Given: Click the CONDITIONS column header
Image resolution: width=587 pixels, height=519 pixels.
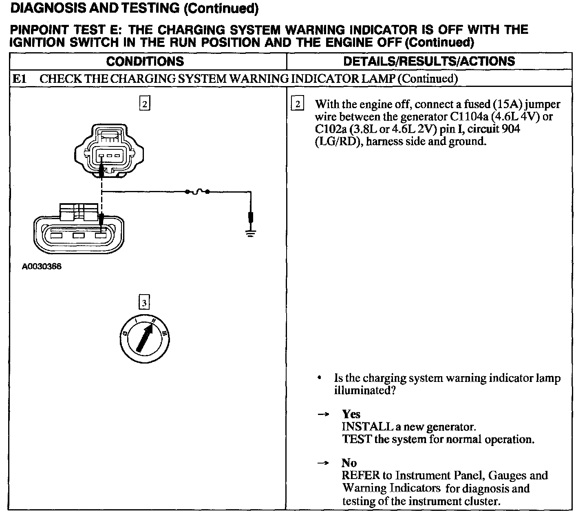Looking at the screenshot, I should [145, 61].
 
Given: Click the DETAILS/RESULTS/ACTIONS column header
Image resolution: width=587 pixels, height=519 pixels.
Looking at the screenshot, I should [429, 61].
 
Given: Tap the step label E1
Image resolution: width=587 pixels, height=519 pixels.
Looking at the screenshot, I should [19, 78].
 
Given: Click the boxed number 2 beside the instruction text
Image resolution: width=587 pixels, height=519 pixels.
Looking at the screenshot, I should [298, 104].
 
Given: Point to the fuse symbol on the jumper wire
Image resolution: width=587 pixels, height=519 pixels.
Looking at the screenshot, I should [197, 191].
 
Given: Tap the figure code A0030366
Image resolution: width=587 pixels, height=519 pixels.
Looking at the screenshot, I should [42, 267].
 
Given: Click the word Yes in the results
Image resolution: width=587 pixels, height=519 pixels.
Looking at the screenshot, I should [351, 415].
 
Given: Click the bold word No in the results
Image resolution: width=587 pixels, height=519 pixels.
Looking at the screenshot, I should [349, 463].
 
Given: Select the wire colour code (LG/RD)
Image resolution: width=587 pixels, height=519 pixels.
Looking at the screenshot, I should [336, 142].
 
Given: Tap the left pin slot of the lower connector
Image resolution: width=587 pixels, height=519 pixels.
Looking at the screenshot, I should [56, 235].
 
